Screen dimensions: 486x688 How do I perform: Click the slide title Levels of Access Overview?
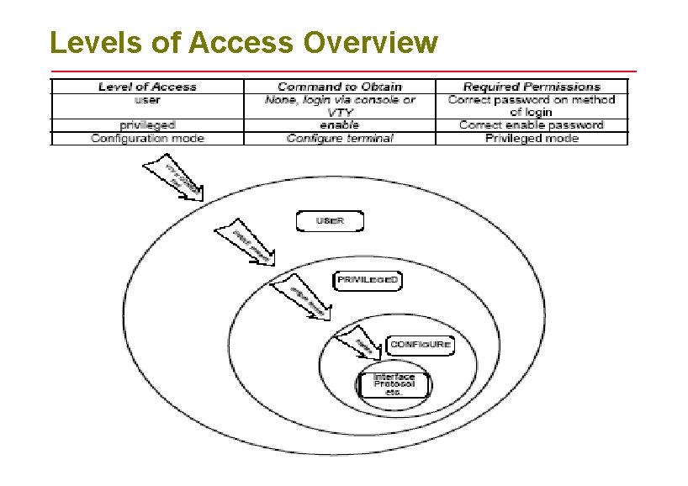pyautogui.click(x=244, y=41)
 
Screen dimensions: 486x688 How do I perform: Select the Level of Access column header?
pyautogui.click(x=147, y=87)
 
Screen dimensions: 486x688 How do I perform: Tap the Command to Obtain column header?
pyautogui.click(x=340, y=87)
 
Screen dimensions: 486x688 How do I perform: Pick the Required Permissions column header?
pyautogui.click(x=532, y=87)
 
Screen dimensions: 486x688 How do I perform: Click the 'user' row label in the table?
pyautogui.click(x=147, y=99)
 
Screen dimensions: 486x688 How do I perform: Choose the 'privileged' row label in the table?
pyautogui.click(x=147, y=124)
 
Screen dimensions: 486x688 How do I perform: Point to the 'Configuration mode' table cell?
pyautogui.click(x=147, y=138)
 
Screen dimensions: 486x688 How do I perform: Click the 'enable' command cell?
pyautogui.click(x=340, y=124)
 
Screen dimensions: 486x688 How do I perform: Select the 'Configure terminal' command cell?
pyautogui.click(x=340, y=138)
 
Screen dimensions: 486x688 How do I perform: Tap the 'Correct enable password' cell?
pyautogui.click(x=532, y=124)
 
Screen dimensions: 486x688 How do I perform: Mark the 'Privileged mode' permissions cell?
pyautogui.click(x=532, y=138)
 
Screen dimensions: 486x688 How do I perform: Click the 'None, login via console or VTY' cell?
pyautogui.click(x=340, y=105)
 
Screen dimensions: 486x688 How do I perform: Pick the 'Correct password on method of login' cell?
pyautogui.click(x=532, y=105)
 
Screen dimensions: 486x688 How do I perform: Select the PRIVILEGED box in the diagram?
pyautogui.click(x=367, y=279)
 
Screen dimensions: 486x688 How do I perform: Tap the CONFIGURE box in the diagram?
pyautogui.click(x=420, y=344)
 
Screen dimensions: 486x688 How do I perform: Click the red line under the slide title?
pyautogui.click(x=343, y=71)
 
